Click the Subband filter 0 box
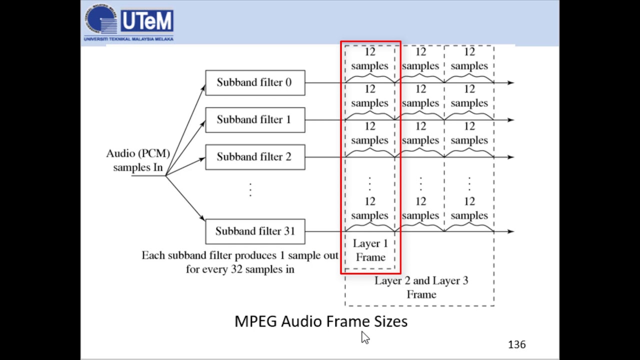[255, 82]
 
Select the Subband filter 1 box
[255, 120]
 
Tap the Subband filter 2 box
[255, 157]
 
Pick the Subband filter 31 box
[255, 231]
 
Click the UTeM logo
[129, 21]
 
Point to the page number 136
[516, 344]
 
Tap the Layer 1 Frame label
[370, 250]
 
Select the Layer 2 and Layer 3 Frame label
[421, 287]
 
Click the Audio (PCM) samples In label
[138, 160]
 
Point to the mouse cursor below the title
[364, 337]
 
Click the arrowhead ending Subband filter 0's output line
[510, 82]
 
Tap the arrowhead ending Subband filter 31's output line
[510, 231]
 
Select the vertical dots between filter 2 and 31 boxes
[250, 189]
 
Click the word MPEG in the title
[255, 321]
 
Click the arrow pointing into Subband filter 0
[202, 89]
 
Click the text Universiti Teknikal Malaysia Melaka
[128, 39]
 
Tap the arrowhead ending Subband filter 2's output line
[510, 157]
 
